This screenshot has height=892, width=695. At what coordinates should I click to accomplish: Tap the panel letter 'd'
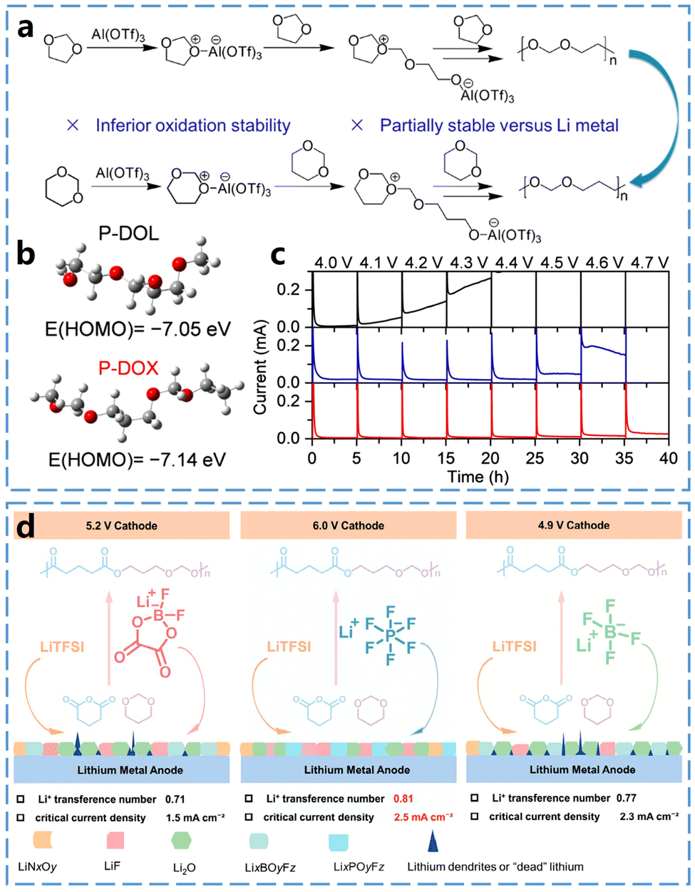coord(26,528)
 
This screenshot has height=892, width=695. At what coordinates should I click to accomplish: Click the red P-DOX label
coord(128,368)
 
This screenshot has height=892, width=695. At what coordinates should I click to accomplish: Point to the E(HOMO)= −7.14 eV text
coord(137,460)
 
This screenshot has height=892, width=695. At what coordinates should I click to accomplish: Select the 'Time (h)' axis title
coord(478,477)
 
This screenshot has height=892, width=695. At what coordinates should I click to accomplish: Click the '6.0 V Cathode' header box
coord(349,526)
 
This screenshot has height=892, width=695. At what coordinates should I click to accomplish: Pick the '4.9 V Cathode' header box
coord(573,526)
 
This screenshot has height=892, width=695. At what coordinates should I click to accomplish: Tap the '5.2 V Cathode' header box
coord(122,526)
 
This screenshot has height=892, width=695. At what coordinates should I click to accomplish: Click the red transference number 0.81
coord(403,799)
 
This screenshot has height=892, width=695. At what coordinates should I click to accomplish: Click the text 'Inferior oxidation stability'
coord(193,126)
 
